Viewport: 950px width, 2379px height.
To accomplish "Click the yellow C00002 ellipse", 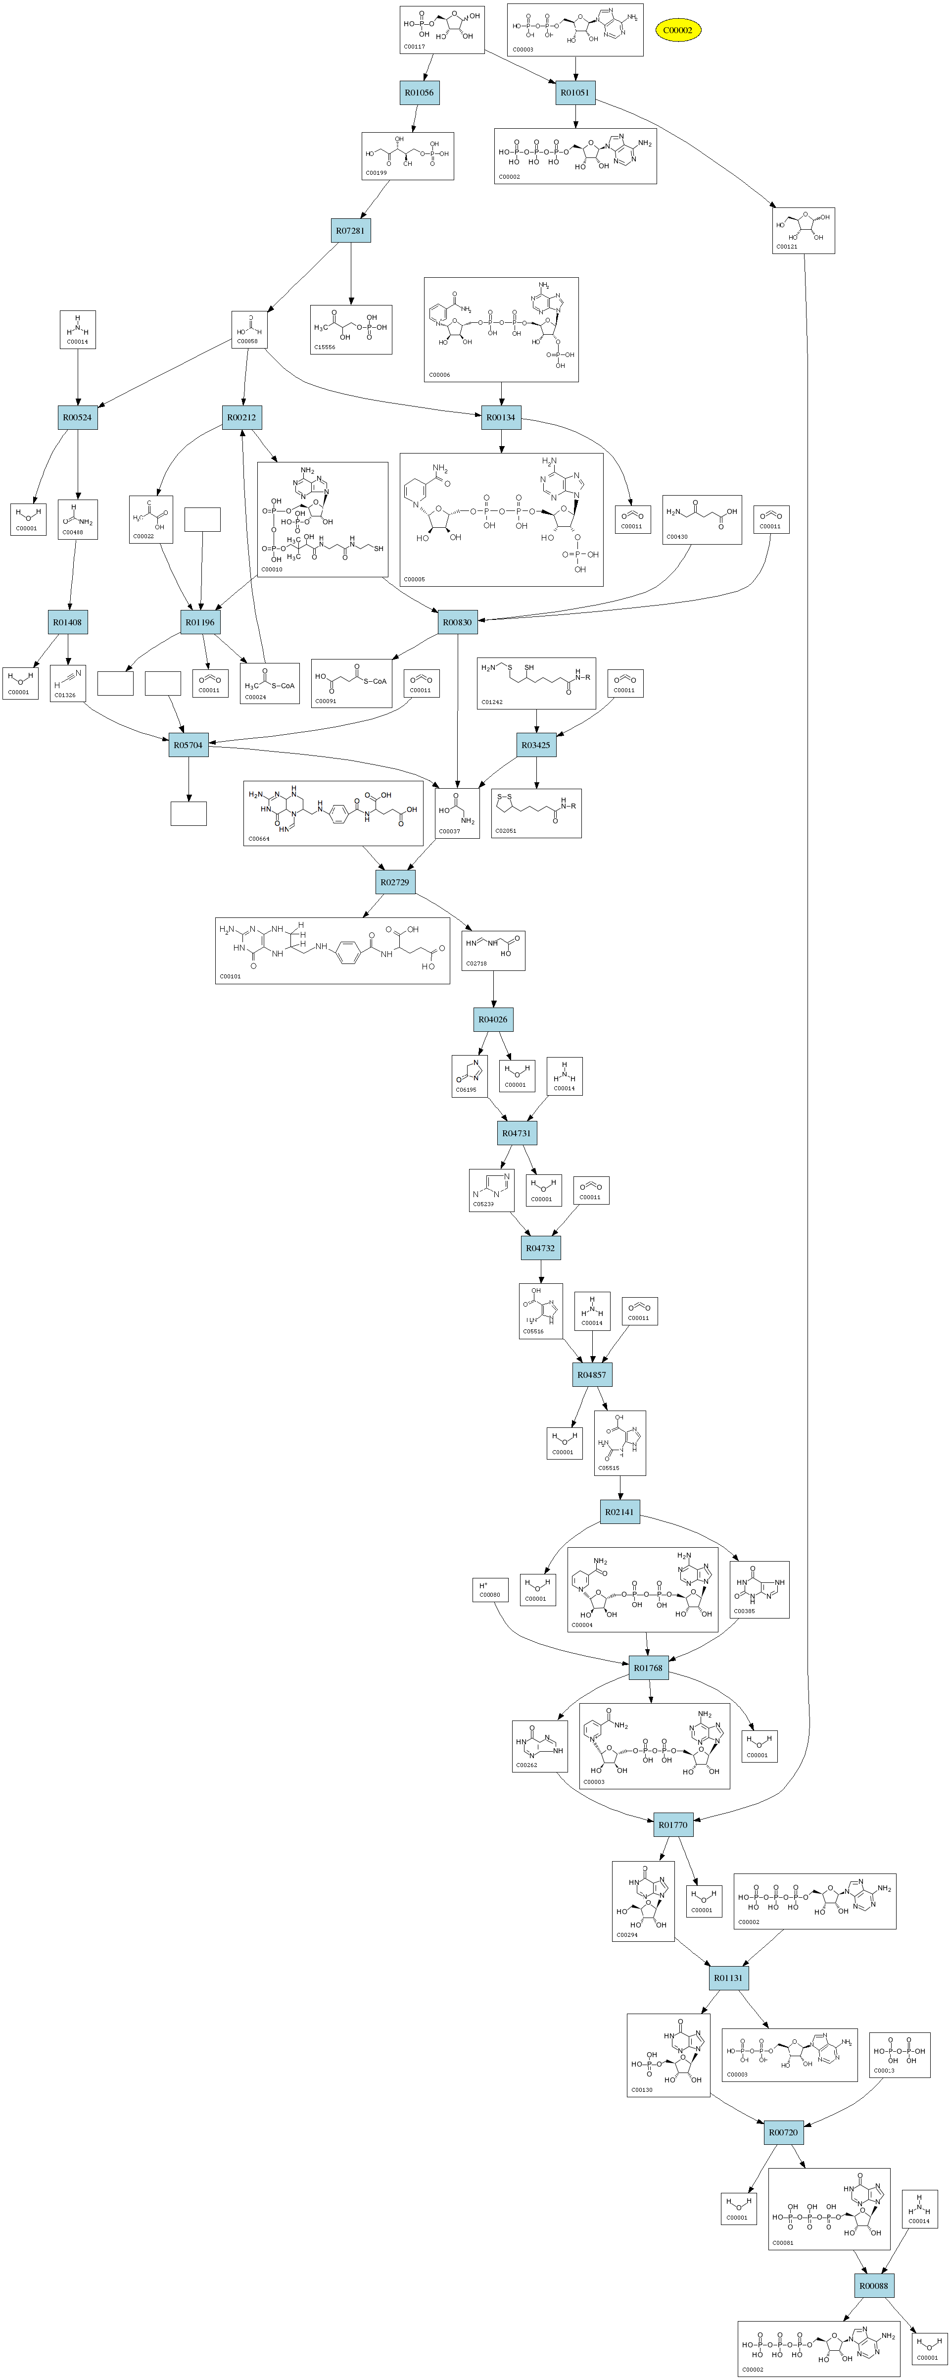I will pyautogui.click(x=678, y=31).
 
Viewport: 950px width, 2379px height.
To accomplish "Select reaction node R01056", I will pyautogui.click(x=419, y=93).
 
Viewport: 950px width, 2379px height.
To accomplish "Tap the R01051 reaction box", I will pyautogui.click(x=575, y=93).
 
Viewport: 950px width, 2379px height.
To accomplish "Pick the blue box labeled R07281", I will pyautogui.click(x=351, y=231).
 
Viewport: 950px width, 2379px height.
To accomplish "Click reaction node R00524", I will pyautogui.click(x=78, y=417).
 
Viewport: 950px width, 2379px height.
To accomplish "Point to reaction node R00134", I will pyautogui.click(x=501, y=417).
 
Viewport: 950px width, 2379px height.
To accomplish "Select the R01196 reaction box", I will pyautogui.click(x=200, y=622).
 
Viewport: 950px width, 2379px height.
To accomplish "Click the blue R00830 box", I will pyautogui.click(x=457, y=622).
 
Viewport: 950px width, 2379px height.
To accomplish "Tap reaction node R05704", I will pyautogui.click(x=189, y=745).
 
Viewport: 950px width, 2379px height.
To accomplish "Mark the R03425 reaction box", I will pyautogui.click(x=536, y=745).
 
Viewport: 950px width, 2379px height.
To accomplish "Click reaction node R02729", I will pyautogui.click(x=395, y=882).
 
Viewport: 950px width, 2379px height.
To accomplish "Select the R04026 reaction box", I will pyautogui.click(x=493, y=1019).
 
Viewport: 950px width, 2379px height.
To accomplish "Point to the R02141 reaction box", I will pyautogui.click(x=619, y=1512).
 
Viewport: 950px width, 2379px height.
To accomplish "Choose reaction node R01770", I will pyautogui.click(x=673, y=1825).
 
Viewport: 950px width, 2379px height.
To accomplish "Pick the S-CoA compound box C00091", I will pyautogui.click(x=352, y=683).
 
